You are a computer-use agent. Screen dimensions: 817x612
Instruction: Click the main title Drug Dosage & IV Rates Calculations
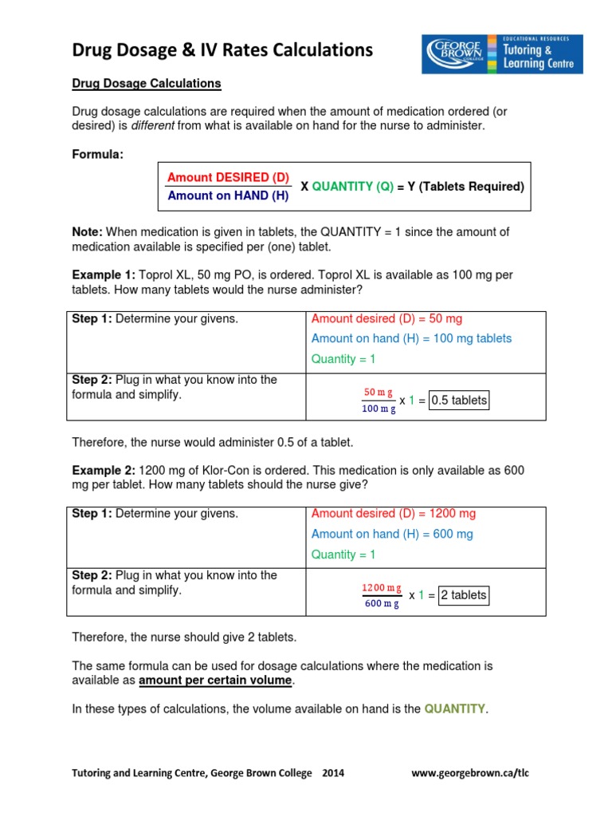[222, 50]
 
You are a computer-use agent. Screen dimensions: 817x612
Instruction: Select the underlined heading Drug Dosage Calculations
[147, 83]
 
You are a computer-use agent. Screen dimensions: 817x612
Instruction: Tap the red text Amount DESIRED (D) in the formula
[228, 177]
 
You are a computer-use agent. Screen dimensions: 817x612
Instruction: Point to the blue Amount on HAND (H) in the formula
[227, 195]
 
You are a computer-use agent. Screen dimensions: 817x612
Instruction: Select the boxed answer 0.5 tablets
[458, 401]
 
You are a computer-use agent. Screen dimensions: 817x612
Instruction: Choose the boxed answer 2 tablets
[463, 595]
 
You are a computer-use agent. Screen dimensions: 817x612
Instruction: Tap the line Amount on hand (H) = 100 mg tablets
[411, 338]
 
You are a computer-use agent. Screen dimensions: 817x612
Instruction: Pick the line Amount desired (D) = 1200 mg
[393, 514]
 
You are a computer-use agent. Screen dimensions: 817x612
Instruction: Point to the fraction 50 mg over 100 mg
[379, 401]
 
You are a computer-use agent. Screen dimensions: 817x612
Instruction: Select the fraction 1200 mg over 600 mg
[382, 595]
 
